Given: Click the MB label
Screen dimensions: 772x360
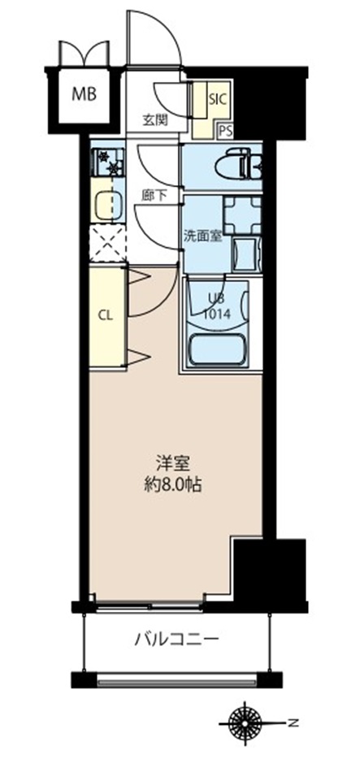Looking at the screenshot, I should point(85,93).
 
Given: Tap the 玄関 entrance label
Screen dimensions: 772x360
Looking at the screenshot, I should point(154,119).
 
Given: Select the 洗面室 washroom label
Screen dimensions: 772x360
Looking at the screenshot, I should point(201,237).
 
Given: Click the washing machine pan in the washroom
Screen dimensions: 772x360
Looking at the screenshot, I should point(242,213).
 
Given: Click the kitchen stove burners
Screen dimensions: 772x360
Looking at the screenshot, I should point(106,163).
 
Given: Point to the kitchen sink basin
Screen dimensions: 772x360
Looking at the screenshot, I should point(106,203).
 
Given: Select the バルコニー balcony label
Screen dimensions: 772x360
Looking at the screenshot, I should point(176,639).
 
